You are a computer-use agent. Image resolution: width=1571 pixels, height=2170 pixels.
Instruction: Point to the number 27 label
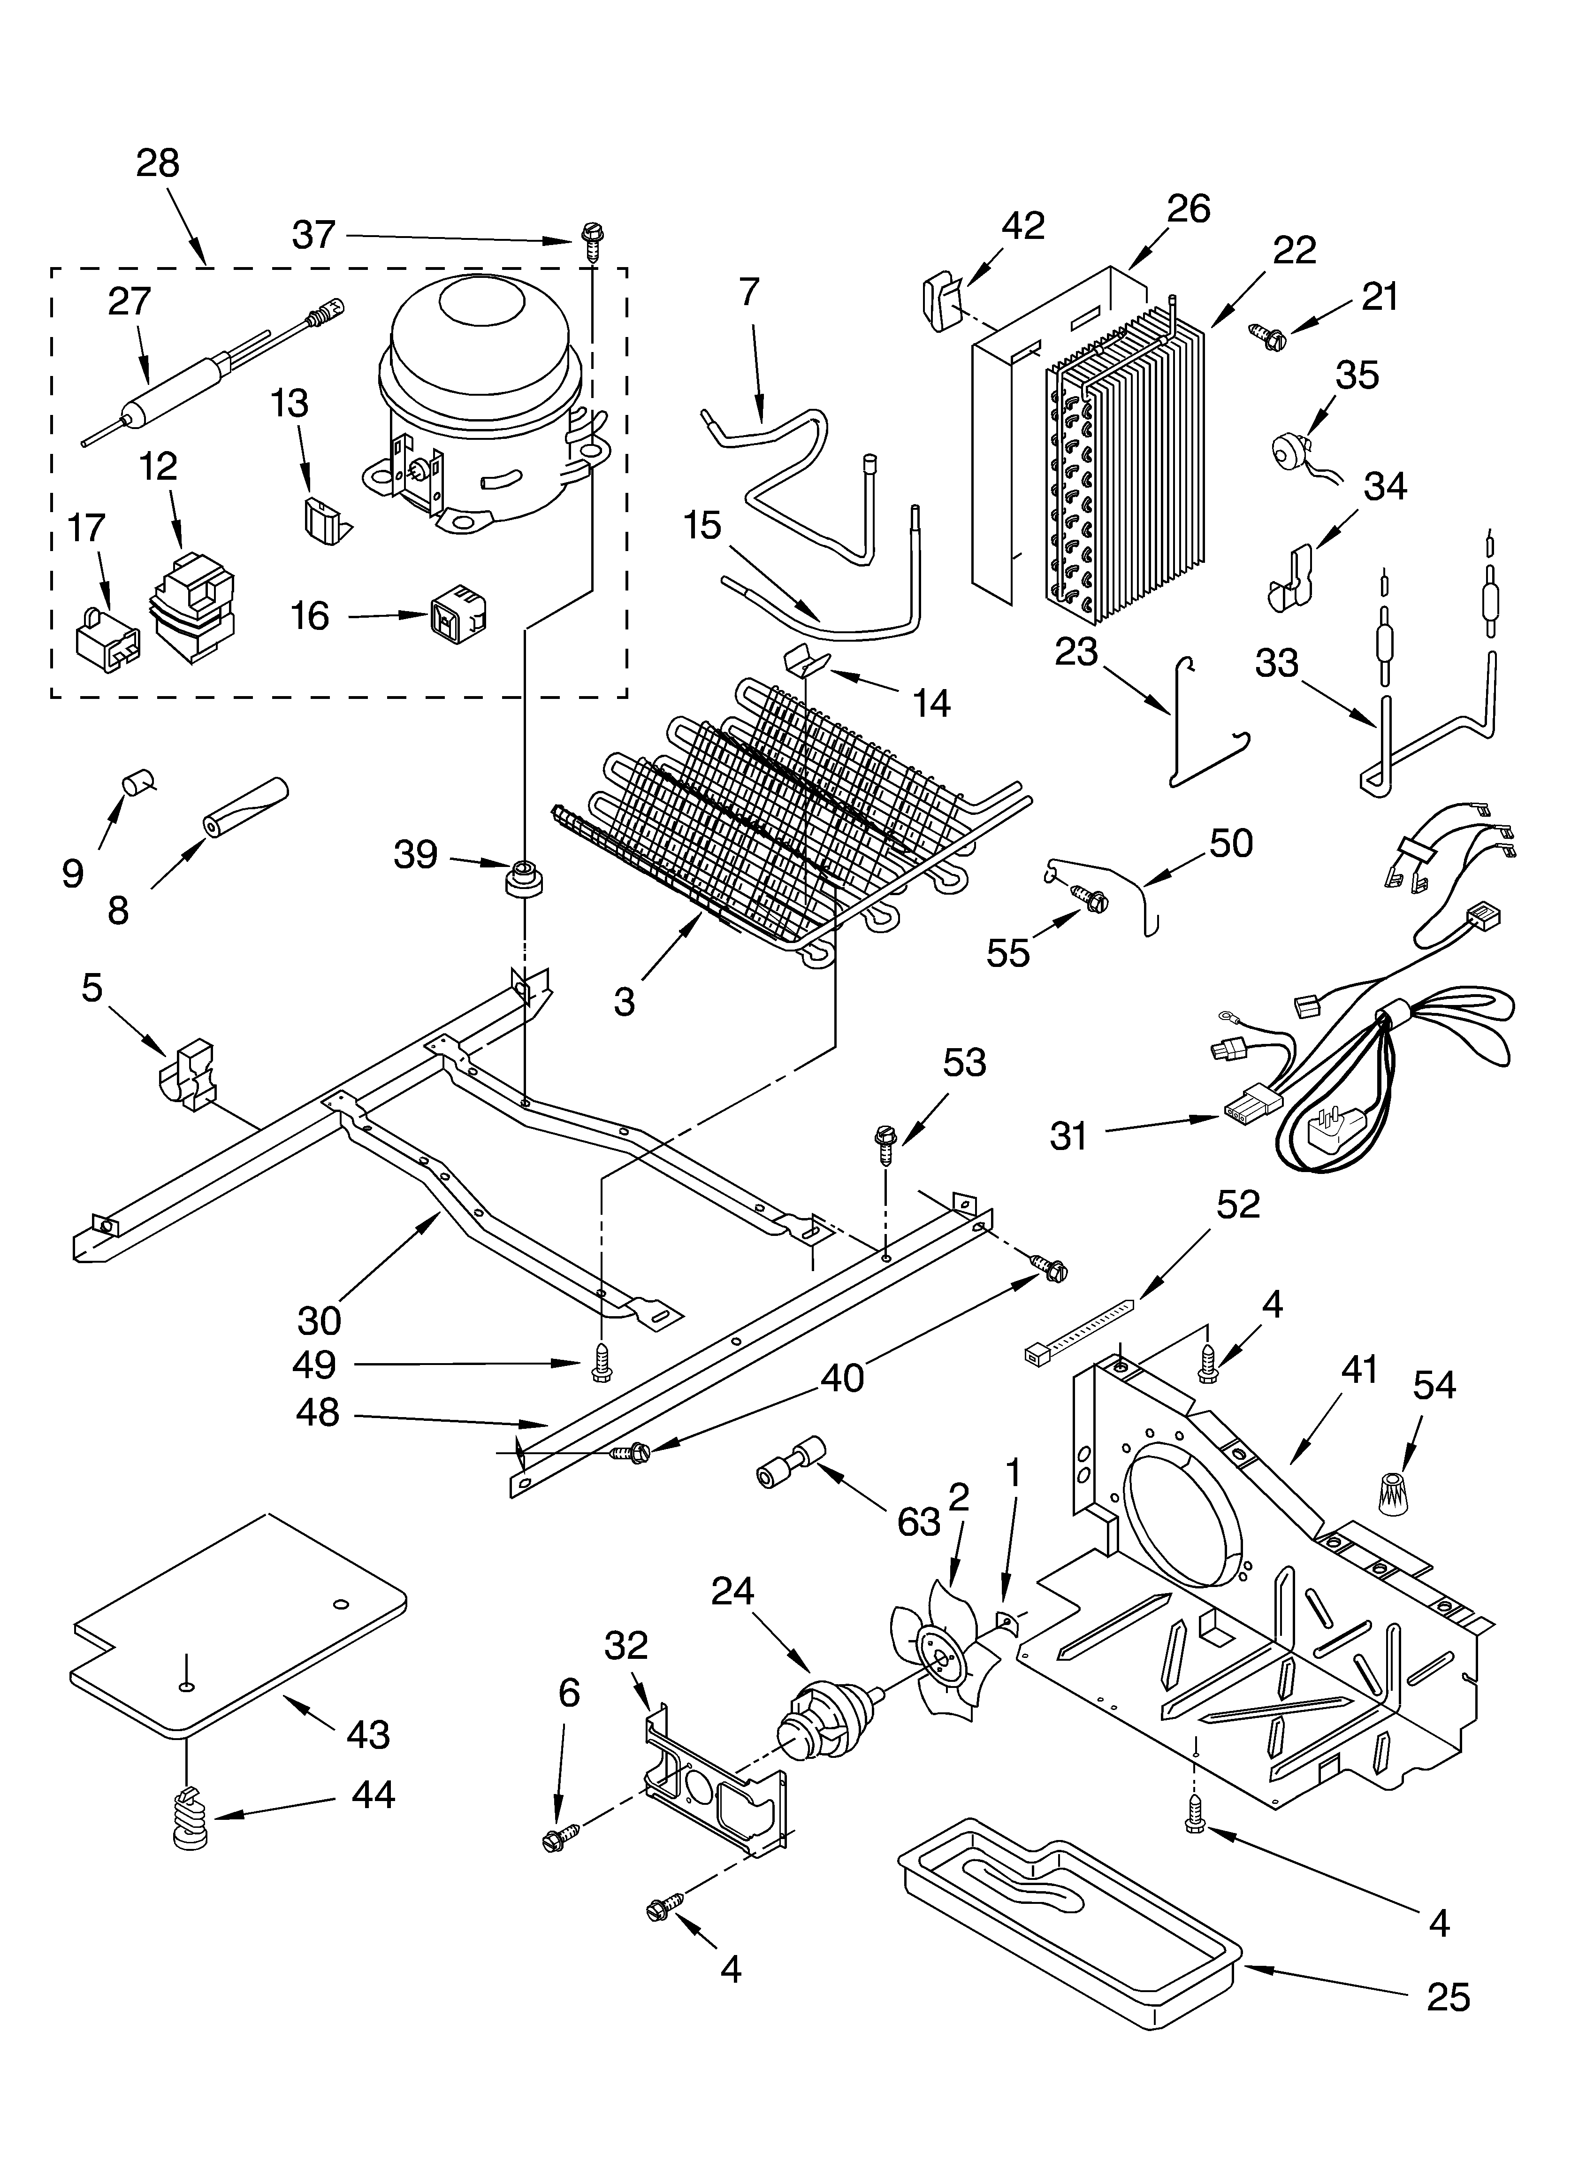click(x=129, y=301)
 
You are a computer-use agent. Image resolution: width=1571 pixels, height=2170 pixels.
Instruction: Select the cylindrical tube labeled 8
click(x=244, y=805)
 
